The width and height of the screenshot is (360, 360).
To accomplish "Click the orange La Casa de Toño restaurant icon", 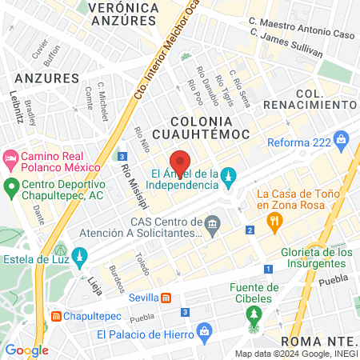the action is click(274, 222).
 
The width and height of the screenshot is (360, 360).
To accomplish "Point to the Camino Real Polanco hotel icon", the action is click(11, 158).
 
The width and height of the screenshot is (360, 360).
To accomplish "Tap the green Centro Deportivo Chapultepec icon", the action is click(11, 189).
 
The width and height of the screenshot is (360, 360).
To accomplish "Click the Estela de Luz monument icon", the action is click(78, 256).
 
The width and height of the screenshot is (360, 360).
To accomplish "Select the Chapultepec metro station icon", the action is click(56, 316).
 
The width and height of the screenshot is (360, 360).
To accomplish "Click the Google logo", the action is click(26, 350).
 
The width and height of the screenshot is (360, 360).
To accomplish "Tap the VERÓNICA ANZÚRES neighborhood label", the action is click(122, 14).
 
